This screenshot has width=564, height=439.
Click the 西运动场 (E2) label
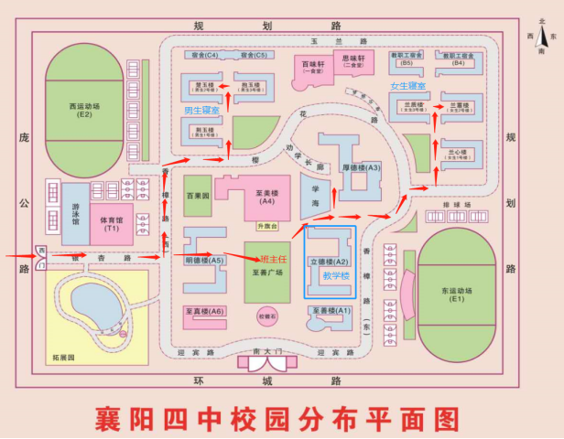pyautogui.click(x=85, y=109)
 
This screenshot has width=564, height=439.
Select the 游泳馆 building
pyautogui.click(x=75, y=215)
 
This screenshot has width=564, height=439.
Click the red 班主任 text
pyautogui.click(x=274, y=260)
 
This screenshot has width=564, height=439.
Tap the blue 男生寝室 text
pyautogui.click(x=201, y=111)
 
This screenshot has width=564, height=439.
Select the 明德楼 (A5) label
pyautogui.click(x=203, y=261)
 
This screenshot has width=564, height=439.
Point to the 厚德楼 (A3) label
pyautogui.click(x=361, y=168)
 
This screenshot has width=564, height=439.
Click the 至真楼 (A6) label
pyautogui.click(x=204, y=312)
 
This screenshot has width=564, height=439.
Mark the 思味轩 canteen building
pyautogui.click(x=354, y=61)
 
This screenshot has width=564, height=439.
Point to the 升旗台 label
pyautogui.click(x=266, y=226)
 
